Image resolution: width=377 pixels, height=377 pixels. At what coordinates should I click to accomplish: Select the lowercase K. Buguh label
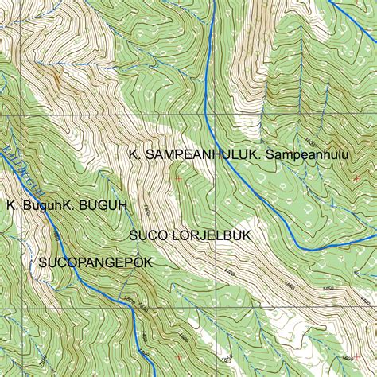[33, 205]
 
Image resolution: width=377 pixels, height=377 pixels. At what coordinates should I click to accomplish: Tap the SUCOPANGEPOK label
[94, 261]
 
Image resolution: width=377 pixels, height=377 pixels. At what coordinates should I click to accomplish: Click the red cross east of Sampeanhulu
[356, 177]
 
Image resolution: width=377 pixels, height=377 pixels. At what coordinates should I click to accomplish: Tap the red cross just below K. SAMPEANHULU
[178, 179]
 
